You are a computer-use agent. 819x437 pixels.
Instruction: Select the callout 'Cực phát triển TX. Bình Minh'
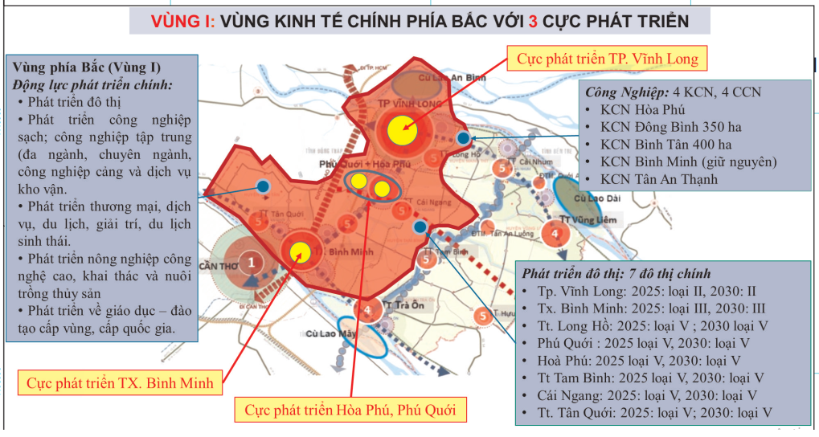pyautogui.click(x=120, y=382)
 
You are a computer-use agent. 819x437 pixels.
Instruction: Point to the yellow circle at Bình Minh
pyautogui.click(x=301, y=252)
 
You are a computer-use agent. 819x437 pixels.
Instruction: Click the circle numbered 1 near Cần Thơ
pyautogui.click(x=252, y=261)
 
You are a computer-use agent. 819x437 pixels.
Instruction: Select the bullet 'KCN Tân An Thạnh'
pyautogui.click(x=658, y=179)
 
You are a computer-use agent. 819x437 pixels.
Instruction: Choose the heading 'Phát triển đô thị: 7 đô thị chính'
pyautogui.click(x=615, y=273)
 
